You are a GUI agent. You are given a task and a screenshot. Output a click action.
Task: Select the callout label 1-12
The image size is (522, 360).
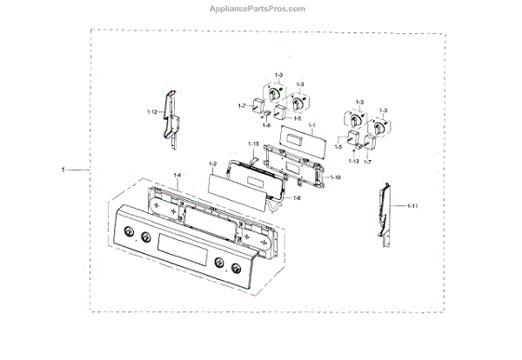coord(152,112)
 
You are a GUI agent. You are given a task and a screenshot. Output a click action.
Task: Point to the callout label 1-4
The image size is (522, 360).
coord(177,176)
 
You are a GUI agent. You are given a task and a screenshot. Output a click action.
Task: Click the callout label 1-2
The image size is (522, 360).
coord(212,164)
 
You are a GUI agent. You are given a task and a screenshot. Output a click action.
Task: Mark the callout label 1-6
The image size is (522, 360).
coord(297,198)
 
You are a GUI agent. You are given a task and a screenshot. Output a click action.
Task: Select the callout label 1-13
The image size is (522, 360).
coord(355,163)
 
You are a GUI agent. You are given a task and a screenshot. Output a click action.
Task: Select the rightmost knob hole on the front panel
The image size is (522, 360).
coord(232,267)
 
